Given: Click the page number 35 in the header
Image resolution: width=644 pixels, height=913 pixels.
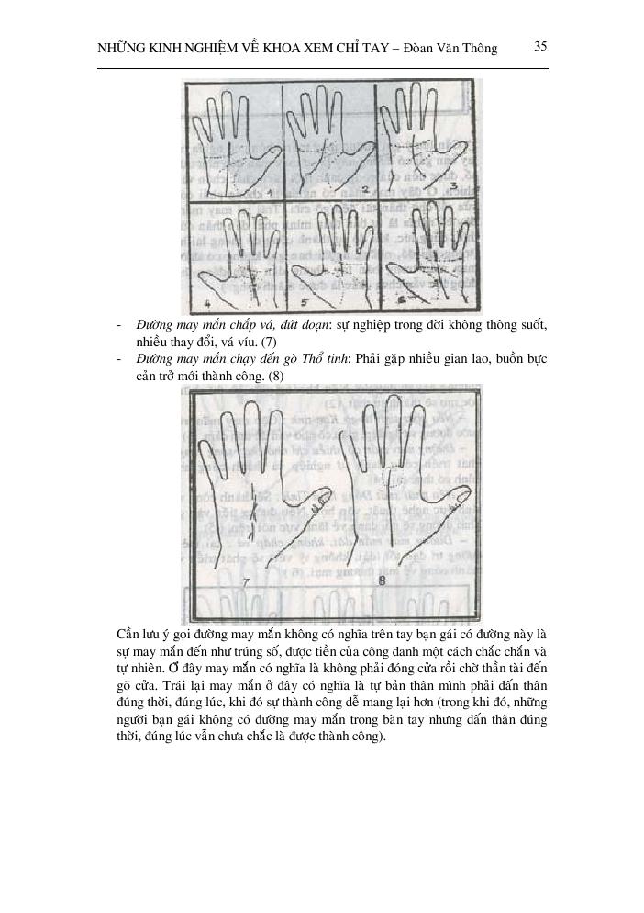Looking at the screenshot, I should click(x=540, y=45).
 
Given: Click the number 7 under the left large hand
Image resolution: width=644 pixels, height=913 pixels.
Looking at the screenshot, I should click(x=245, y=582).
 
